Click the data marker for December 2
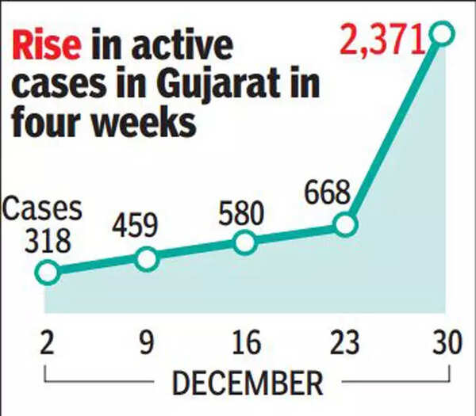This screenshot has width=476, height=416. coord(48,272)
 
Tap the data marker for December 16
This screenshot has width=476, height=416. coord(246,242)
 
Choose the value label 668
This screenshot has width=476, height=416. coord(327,191)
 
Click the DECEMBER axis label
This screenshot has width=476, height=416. coord(247,383)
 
